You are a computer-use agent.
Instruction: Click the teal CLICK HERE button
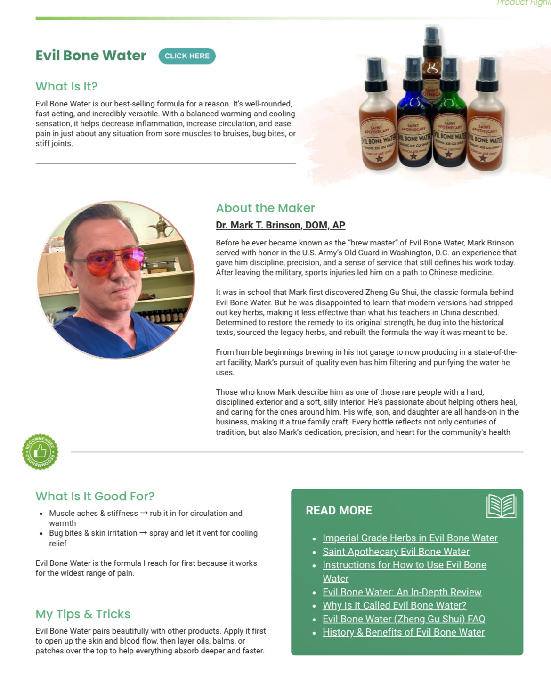[x=187, y=56]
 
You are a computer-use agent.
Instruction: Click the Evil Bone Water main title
[x=91, y=56]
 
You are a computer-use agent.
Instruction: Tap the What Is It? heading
[x=66, y=87]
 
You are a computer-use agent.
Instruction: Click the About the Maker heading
[x=265, y=208]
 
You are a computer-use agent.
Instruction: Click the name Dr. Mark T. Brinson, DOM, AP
[x=280, y=225]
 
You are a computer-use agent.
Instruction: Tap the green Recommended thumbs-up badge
[x=40, y=452]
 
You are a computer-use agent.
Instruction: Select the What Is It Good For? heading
[x=95, y=497]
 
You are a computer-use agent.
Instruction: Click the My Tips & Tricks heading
[x=83, y=614]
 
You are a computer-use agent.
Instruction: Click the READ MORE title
[x=339, y=511]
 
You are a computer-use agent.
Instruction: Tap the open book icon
[x=501, y=506]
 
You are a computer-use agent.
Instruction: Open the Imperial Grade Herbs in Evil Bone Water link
[x=410, y=538]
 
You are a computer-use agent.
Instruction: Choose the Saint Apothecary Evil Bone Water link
[x=396, y=552]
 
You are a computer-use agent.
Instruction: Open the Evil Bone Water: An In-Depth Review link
[x=402, y=592]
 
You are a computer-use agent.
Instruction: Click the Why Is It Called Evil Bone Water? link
[x=394, y=605]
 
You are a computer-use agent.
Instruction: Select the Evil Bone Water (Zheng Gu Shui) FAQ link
[x=404, y=619]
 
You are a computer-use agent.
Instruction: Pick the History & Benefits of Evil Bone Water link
[x=403, y=632]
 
